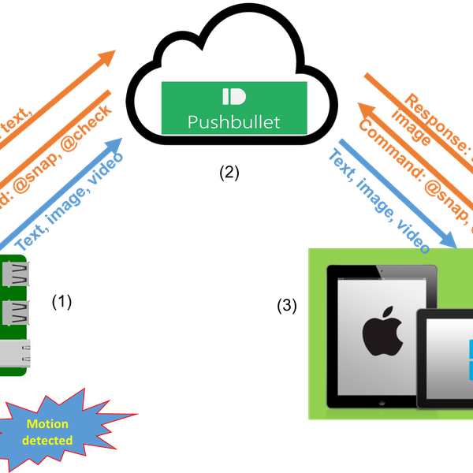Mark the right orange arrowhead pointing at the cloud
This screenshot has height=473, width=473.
tap(363, 108)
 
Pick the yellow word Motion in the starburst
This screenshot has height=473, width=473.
tap(48, 423)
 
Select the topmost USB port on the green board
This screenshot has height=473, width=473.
tap(16, 276)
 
